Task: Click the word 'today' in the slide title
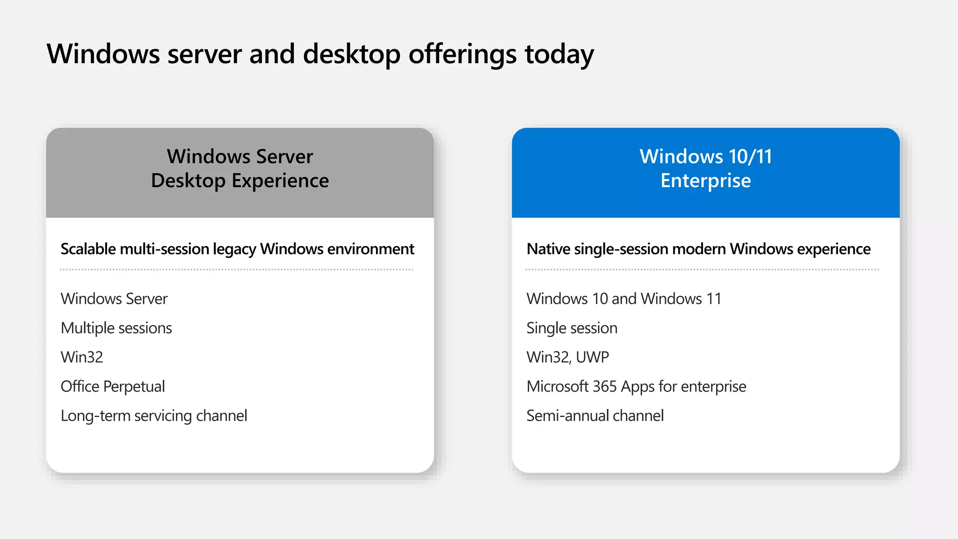(559, 54)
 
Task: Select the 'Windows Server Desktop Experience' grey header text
(240, 168)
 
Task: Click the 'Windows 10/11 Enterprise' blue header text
(705, 168)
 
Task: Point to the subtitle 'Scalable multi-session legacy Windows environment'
(237, 249)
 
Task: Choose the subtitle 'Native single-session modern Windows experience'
(698, 249)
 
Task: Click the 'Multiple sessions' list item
(116, 328)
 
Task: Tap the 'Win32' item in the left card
(82, 357)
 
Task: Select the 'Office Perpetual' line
(113, 386)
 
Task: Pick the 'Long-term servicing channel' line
(154, 415)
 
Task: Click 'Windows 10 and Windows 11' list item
(624, 299)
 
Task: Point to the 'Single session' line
(572, 328)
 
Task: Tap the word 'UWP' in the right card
(592, 357)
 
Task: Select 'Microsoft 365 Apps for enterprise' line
(636, 386)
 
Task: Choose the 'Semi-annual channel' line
(595, 415)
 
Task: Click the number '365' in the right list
(604, 386)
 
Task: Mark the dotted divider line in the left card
(237, 269)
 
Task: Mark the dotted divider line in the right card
(702, 269)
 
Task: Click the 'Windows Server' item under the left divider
(114, 299)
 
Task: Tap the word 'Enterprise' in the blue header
(705, 181)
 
